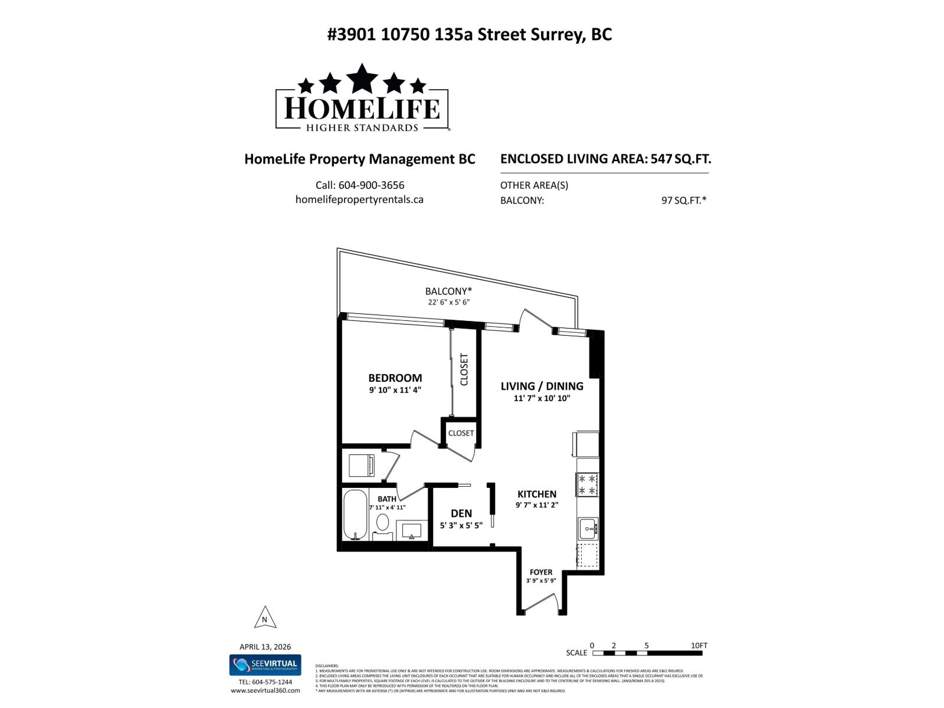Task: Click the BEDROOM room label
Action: (395, 378)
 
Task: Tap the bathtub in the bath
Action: (355, 514)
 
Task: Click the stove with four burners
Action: (588, 484)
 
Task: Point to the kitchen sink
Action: (588, 528)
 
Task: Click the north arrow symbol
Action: (265, 618)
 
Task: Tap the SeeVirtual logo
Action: (265, 664)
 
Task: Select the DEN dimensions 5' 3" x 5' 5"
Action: (461, 525)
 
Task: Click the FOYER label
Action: (540, 572)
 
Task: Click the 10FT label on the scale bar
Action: (699, 645)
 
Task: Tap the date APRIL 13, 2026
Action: (265, 647)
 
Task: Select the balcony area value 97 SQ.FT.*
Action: (683, 201)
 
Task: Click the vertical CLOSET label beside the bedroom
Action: (464, 369)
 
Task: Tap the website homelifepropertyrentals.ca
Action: (359, 199)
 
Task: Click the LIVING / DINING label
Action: (542, 386)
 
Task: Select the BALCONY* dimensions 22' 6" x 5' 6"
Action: (448, 302)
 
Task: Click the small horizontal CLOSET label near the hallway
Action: (461, 433)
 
